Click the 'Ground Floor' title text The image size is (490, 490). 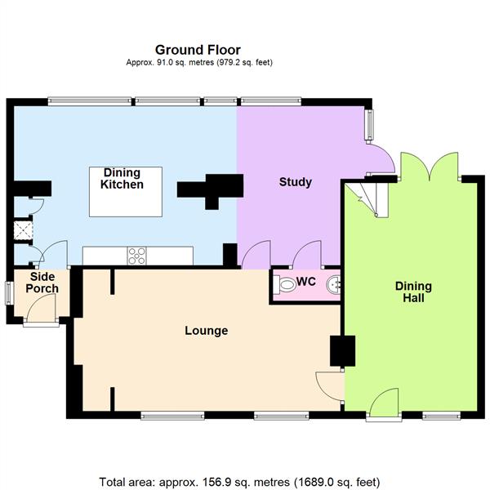click(198, 51)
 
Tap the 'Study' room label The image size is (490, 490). click(295, 182)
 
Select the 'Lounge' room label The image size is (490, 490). click(206, 331)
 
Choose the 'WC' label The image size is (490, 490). click(306, 282)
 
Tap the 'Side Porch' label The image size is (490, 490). click(42, 283)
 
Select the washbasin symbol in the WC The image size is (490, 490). click(333, 284)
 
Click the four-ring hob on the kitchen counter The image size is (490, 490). click(136, 256)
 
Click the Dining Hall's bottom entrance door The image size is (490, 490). click(382, 405)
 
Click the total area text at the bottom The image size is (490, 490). click(239, 481)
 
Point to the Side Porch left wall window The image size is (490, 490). click(8, 292)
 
